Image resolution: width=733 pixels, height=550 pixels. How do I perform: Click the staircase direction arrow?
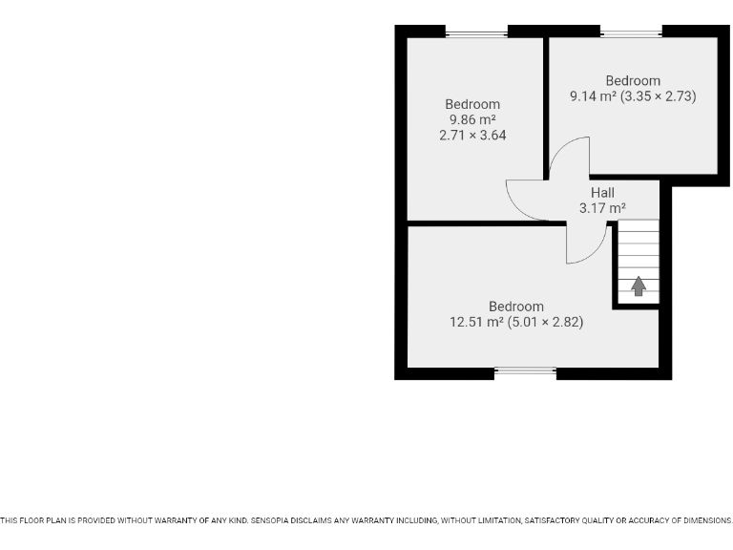(639, 286)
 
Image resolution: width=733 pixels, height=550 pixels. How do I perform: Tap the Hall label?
(602, 193)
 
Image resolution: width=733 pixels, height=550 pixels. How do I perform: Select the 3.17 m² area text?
(602, 208)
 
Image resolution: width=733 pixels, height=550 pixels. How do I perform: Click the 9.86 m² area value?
(472, 120)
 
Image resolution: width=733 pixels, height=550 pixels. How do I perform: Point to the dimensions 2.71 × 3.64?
(472, 136)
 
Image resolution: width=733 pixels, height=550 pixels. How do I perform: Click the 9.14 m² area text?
(592, 96)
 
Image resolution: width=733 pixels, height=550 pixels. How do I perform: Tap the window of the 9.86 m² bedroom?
(476, 34)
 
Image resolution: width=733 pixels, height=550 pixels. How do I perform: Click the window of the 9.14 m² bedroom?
(632, 34)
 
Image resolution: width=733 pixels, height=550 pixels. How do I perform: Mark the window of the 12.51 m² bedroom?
(526, 371)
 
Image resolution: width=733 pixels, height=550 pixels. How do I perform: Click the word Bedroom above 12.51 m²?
(516, 307)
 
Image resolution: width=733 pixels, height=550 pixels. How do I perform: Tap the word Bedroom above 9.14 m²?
(633, 81)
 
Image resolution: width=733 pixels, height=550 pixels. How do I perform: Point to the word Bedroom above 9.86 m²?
(472, 105)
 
